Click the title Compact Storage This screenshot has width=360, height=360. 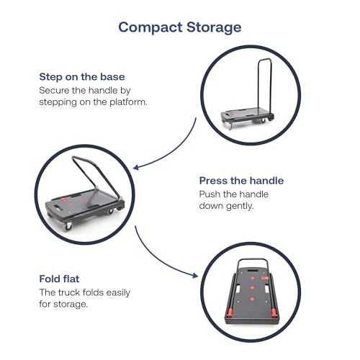coord(180,27)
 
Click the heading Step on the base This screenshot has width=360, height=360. coord(82,77)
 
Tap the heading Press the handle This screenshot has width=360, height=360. coord(241,181)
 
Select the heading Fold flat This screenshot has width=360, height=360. coord(59,279)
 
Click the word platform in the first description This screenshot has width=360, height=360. coord(128,102)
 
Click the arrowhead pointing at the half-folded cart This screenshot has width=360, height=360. coord(136,167)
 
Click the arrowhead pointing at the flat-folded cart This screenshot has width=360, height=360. coord(195,275)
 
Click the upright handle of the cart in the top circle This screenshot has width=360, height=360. coord(265,84)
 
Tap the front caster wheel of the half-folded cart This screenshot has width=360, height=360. coord(68,226)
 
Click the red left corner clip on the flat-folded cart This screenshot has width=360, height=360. coord(230,312)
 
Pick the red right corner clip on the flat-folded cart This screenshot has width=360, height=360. coord(274,312)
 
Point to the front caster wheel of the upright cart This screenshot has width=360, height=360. coord(230,125)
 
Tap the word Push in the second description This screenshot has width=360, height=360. coord(210,194)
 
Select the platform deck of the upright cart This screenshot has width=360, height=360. coord(247,114)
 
